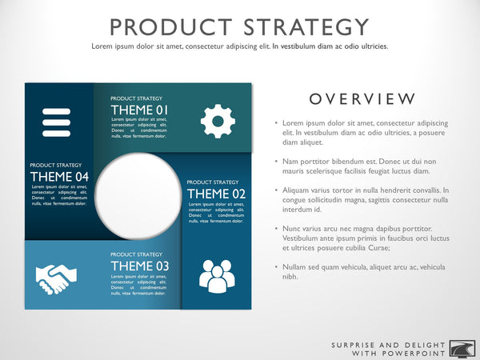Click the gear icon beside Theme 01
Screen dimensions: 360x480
(218, 121)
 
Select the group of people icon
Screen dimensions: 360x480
(217, 275)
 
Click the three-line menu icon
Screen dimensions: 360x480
(57, 122)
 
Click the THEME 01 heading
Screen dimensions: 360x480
(140, 110)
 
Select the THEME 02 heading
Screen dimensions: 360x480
(216, 193)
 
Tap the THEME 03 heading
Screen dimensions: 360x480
(140, 266)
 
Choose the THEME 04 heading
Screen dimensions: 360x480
(59, 176)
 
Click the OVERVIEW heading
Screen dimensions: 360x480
(362, 99)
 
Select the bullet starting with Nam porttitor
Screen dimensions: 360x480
(360, 166)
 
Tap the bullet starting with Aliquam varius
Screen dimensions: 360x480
(360, 199)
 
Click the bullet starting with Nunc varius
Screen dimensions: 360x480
(360, 238)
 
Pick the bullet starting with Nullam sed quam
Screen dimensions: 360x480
(360, 271)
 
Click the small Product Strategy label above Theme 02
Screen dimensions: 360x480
(213, 182)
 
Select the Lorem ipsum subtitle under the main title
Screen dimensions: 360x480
(240, 46)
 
